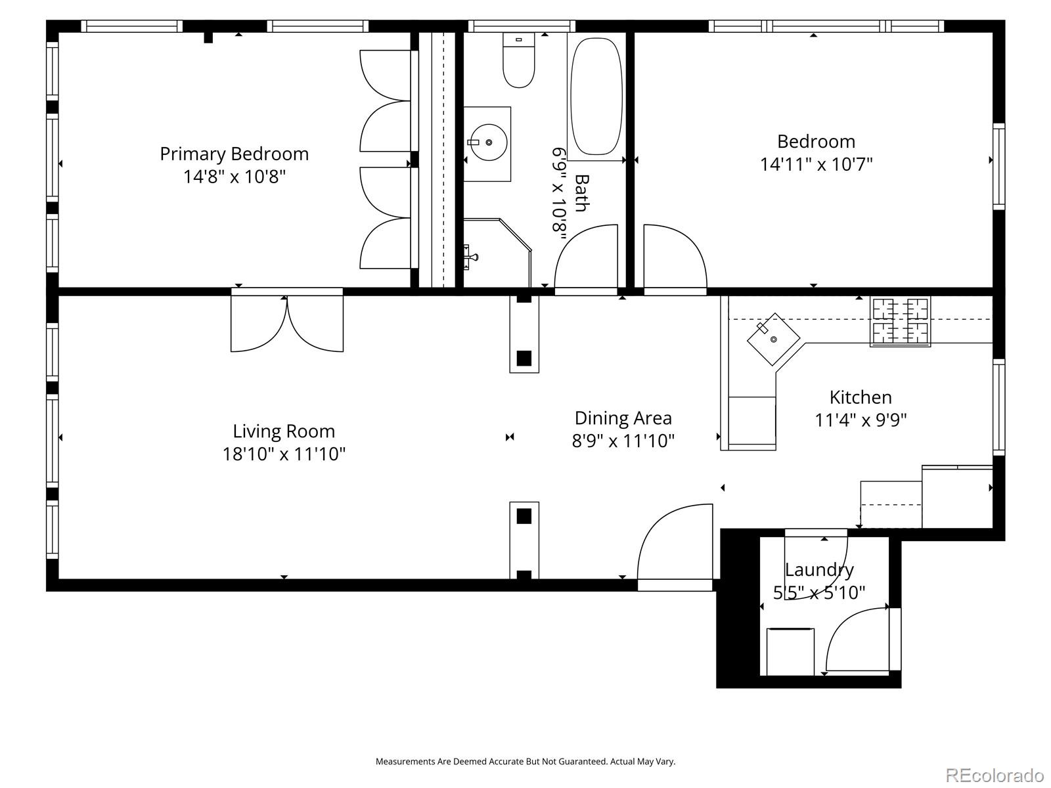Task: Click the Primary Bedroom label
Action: (234, 154)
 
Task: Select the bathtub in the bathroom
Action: (595, 97)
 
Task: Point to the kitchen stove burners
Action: (900, 321)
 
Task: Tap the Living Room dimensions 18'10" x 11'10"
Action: (284, 454)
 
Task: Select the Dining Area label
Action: (623, 418)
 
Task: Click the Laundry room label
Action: (819, 569)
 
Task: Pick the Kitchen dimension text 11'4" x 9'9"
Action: (861, 420)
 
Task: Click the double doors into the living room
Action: (287, 322)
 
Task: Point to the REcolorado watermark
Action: (995, 775)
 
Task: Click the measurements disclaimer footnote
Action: (525, 762)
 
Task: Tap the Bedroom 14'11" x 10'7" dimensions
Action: (816, 164)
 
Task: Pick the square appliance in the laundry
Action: (790, 651)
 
